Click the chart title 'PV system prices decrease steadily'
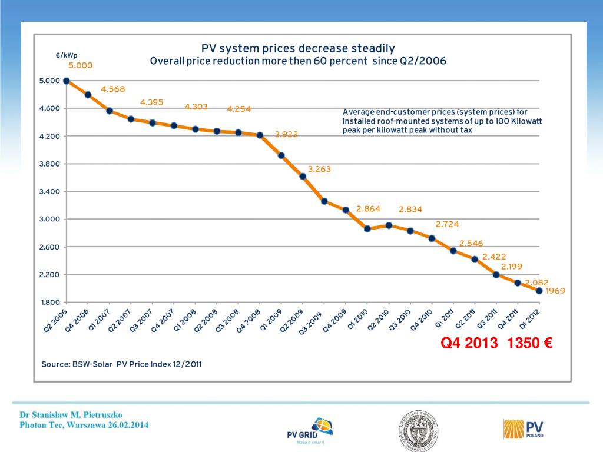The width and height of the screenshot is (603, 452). pyautogui.click(x=298, y=48)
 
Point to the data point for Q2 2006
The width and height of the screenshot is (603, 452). pyautogui.click(x=67, y=81)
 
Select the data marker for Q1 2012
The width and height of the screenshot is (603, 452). pyautogui.click(x=539, y=290)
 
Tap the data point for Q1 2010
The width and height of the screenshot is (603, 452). pyautogui.click(x=367, y=228)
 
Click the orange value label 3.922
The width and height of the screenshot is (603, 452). pyautogui.click(x=286, y=134)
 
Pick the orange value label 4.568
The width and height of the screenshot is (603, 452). pyautogui.click(x=113, y=89)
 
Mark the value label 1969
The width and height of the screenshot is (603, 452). pyautogui.click(x=555, y=291)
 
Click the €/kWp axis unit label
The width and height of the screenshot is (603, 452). pyautogui.click(x=67, y=55)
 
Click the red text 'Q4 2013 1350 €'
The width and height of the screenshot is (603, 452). pyautogui.click(x=496, y=343)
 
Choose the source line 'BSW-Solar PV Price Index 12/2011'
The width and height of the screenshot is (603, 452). pyautogui.click(x=121, y=364)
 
